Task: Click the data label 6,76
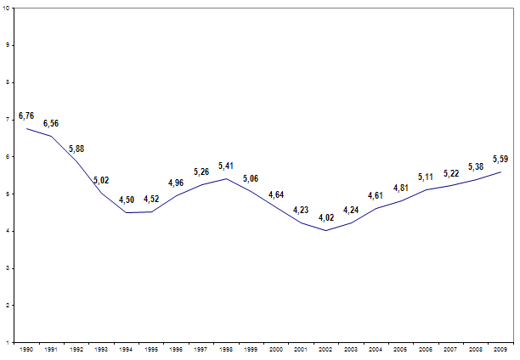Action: [x=26, y=115]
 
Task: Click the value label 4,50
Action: [x=126, y=200]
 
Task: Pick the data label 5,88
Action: [x=76, y=149]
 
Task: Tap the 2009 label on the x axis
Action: [x=500, y=349]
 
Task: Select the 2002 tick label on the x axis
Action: [x=325, y=349]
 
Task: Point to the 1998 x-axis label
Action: [x=225, y=349]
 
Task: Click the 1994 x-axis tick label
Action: [x=126, y=349]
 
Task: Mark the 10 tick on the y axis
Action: [x=7, y=8]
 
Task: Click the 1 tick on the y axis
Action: [x=8, y=342]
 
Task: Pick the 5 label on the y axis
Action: [x=8, y=194]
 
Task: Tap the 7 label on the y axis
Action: [x=8, y=120]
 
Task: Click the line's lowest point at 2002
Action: [x=325, y=230]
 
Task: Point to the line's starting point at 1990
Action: [x=26, y=128]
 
